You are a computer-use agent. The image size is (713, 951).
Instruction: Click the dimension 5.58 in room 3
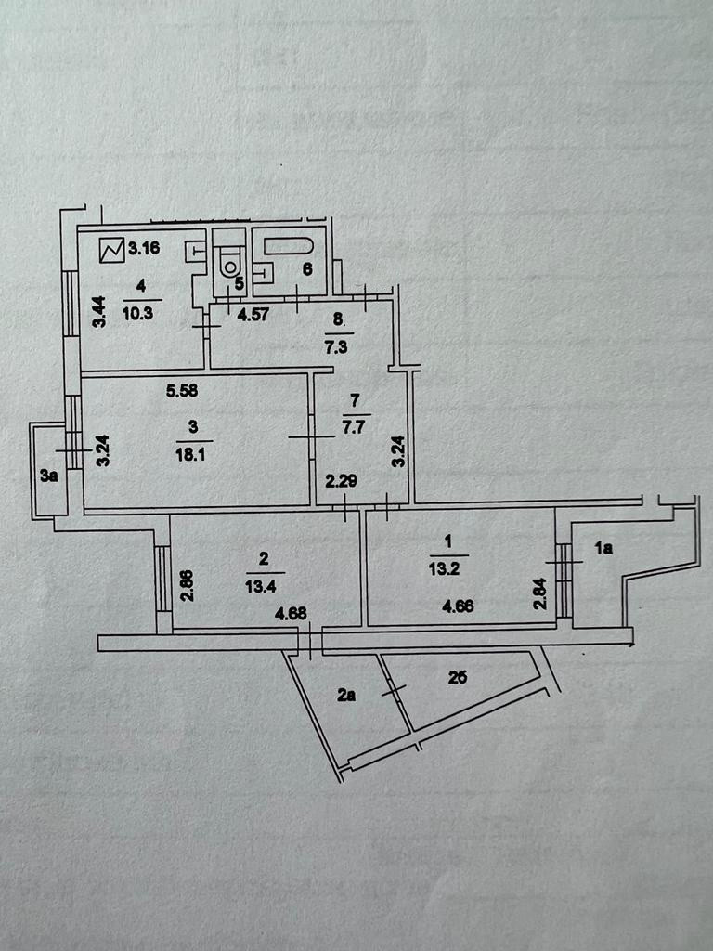(184, 392)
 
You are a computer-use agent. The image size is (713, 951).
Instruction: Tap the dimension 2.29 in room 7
(341, 482)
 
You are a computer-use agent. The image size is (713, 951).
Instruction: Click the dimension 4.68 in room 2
(290, 612)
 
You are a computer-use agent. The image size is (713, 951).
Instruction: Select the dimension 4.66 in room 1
(460, 608)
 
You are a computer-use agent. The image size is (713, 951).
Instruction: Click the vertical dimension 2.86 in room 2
(187, 585)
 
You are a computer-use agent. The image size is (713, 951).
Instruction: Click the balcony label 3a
(48, 476)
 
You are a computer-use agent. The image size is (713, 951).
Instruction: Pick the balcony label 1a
(604, 549)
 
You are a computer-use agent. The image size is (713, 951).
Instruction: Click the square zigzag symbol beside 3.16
(113, 249)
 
